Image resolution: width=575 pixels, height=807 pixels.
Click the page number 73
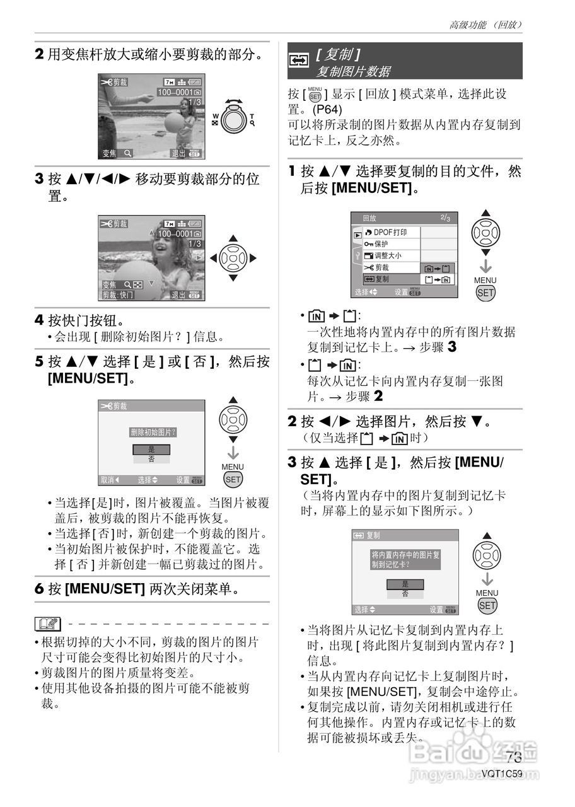pyautogui.click(x=513, y=757)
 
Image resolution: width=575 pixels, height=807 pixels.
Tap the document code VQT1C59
pyautogui.click(x=502, y=774)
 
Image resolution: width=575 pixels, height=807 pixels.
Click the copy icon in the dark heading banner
pyautogui.click(x=298, y=61)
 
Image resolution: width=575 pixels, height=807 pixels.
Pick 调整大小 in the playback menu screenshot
pyautogui.click(x=388, y=255)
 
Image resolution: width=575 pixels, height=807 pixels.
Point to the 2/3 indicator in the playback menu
pyautogui.click(x=445, y=218)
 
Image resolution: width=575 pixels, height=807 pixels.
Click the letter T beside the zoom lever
pyautogui.click(x=252, y=117)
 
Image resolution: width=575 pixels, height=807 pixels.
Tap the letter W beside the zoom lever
pyautogui.click(x=216, y=117)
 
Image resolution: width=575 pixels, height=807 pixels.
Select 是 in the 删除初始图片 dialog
pyautogui.click(x=151, y=449)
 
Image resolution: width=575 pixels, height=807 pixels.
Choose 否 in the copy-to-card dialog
pyautogui.click(x=404, y=594)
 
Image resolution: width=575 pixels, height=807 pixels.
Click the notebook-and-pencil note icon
pyautogui.click(x=48, y=625)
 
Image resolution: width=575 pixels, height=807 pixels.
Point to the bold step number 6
pyautogui.click(x=39, y=589)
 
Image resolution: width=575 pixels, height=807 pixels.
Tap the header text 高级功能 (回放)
pyautogui.click(x=485, y=25)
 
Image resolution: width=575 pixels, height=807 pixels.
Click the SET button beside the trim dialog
pyautogui.click(x=233, y=479)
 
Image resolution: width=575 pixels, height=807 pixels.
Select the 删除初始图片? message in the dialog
pyautogui.click(x=152, y=432)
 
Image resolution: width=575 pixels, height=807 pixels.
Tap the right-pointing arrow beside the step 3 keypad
pyautogui.click(x=253, y=258)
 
